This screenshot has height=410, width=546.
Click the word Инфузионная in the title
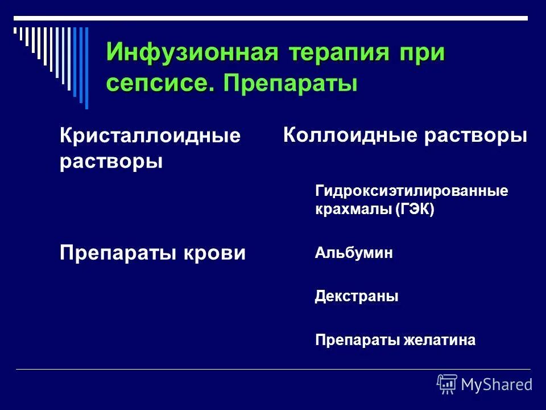tap(192, 54)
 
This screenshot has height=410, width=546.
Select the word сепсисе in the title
tap(160, 83)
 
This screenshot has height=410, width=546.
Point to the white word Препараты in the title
tap(291, 83)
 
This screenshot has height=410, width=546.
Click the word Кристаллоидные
tap(150, 137)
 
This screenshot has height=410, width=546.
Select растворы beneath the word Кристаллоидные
tap(111, 161)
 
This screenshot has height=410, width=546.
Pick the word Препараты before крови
tap(117, 253)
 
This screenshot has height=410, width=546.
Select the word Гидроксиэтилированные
tap(411, 191)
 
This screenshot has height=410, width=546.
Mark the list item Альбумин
tap(353, 253)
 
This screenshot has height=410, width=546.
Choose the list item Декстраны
tap(356, 297)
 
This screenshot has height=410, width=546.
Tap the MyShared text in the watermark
tap(497, 384)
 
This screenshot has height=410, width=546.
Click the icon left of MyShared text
tap(446, 384)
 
